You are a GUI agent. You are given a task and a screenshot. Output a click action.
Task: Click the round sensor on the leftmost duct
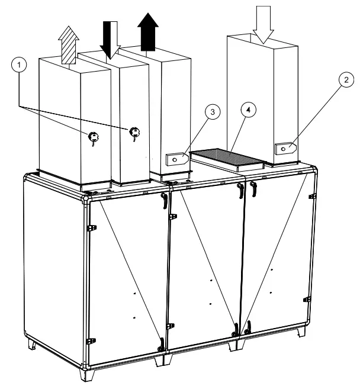(92, 137)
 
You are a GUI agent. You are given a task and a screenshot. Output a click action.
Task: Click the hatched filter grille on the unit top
(229, 157)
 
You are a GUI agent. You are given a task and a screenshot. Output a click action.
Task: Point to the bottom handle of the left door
(162, 343)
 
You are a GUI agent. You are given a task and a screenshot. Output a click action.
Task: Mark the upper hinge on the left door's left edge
(90, 229)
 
